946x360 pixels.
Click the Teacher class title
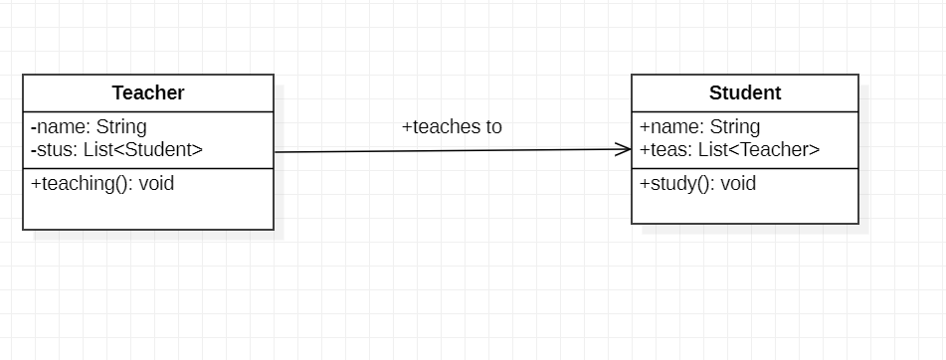click(148, 93)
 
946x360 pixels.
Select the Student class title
click(745, 93)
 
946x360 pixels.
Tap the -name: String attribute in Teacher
click(89, 127)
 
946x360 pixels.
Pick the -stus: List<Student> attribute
click(116, 150)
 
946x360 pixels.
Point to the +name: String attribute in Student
click(699, 127)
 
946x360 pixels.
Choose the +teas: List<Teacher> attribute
click(729, 150)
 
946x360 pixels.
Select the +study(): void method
click(697, 184)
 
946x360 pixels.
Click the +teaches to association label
click(452, 127)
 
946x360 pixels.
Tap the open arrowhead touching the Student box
click(624, 149)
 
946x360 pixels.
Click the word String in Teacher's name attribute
click(121, 127)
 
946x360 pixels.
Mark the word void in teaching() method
click(157, 184)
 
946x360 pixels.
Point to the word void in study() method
click(738, 184)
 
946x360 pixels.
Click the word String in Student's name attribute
click(735, 127)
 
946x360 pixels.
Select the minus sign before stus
click(34, 151)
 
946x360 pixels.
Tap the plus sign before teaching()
click(36, 184)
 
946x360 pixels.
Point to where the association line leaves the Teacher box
click(276, 152)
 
